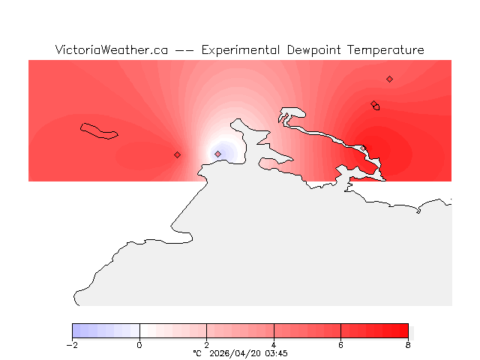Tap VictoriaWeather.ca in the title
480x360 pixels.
111,50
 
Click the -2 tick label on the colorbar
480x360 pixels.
72,345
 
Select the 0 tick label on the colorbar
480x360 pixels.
139,345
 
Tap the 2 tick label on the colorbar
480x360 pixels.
206,345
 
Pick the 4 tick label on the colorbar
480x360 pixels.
274,345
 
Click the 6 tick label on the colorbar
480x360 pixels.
340,345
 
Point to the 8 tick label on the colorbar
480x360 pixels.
408,345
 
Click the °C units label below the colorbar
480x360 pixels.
197,353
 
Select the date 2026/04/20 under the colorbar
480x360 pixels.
235,353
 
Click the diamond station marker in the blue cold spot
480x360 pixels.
218,154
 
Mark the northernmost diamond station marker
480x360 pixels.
389,79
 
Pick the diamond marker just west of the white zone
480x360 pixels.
177,154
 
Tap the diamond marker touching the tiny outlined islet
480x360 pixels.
373,104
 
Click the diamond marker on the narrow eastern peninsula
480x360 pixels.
363,148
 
